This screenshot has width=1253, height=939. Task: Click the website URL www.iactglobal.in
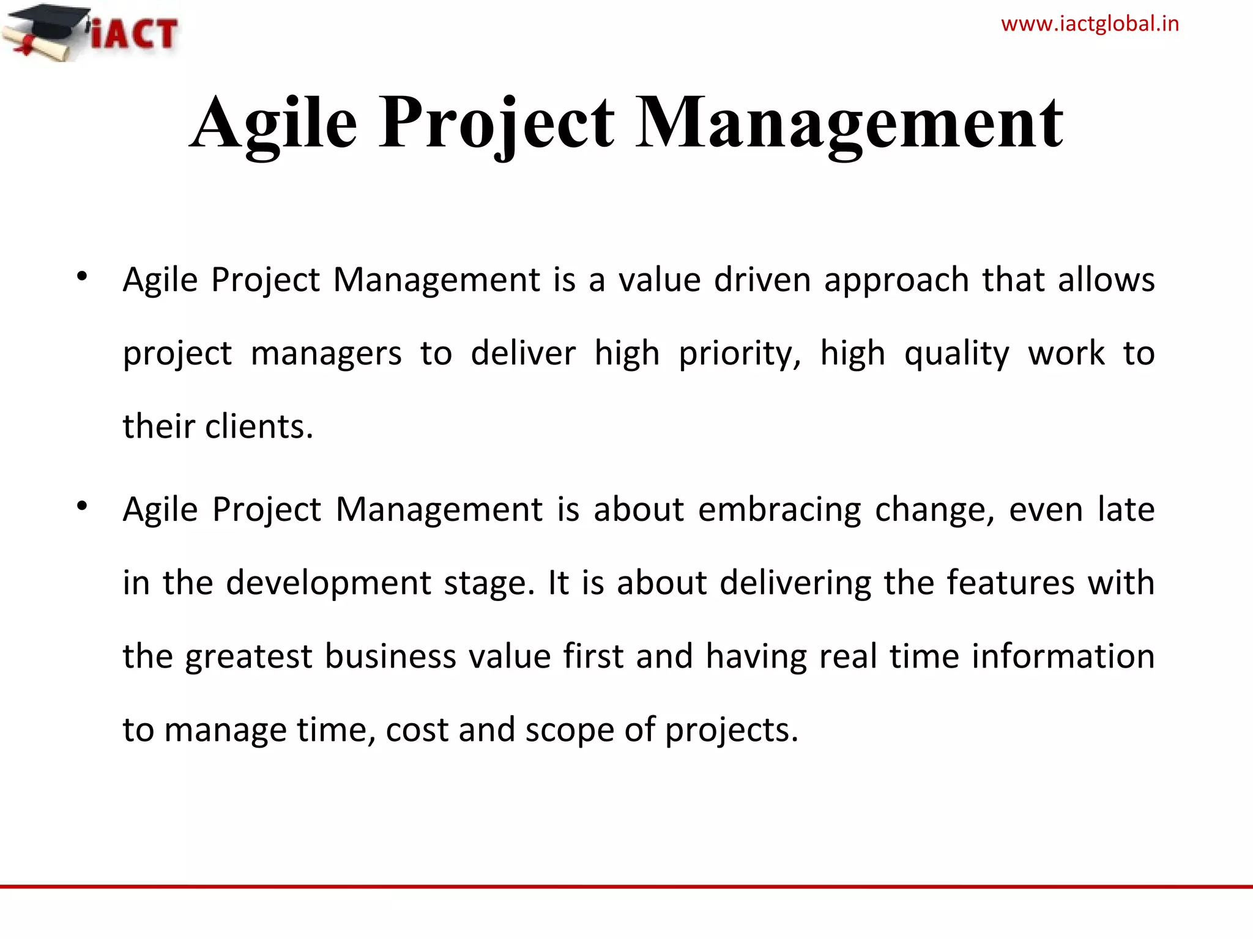pos(1090,24)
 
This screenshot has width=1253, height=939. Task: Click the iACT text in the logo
pos(135,34)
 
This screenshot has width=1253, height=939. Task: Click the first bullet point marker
pos(82,277)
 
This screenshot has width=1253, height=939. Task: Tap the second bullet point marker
pos(82,506)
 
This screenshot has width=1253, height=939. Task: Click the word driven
pos(762,280)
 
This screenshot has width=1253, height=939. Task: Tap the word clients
pos(259,426)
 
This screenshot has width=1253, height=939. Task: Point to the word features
pos(1011,583)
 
